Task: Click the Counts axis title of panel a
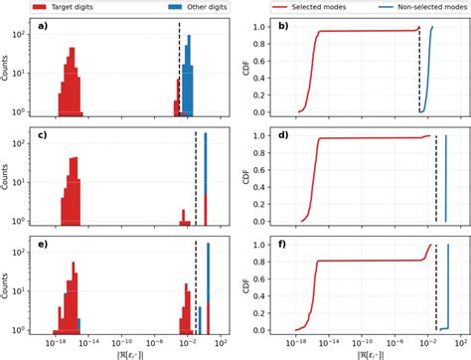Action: click(x=8, y=67)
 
